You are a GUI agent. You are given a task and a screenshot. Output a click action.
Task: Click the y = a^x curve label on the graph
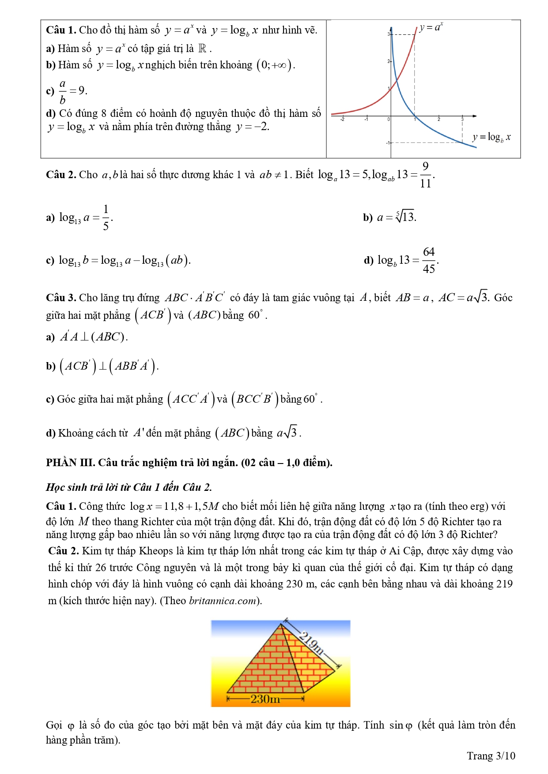431,27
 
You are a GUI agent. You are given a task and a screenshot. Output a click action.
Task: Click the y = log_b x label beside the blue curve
491,137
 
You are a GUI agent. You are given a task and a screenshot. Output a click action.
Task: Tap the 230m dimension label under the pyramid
265,699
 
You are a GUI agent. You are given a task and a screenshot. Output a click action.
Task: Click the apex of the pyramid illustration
281,624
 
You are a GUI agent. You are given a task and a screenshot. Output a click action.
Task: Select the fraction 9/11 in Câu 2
425,175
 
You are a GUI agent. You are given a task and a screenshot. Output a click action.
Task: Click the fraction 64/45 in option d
429,260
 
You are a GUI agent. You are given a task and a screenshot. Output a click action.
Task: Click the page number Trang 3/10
491,756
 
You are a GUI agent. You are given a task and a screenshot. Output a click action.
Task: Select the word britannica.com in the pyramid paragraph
223,601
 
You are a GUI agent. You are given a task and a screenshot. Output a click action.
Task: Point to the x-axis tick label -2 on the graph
342,119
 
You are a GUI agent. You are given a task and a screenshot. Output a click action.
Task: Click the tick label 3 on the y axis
388,34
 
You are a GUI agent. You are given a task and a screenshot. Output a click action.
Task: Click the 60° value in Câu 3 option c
310,399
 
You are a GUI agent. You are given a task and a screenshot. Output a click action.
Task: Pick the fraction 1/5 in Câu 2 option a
106,217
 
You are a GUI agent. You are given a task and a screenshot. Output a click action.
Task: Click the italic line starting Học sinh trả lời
129,487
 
